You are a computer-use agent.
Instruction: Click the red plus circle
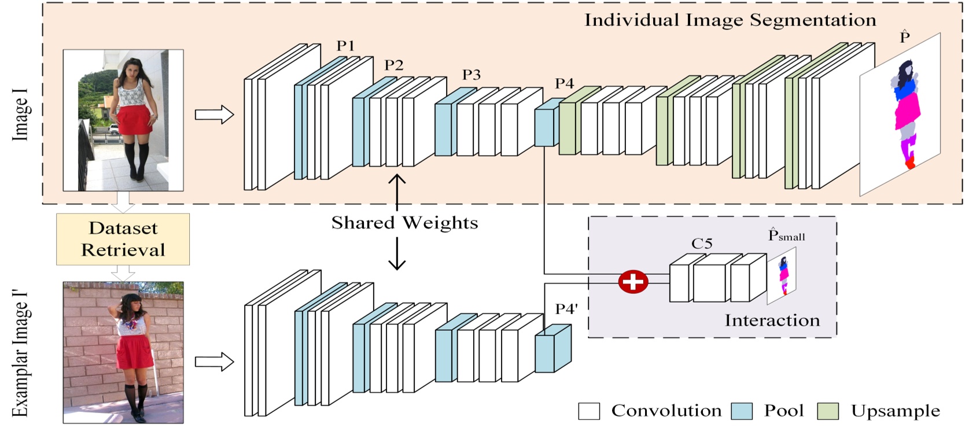pos(633,282)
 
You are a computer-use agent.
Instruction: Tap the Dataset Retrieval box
pos(123,239)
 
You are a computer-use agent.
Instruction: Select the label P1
pos(345,46)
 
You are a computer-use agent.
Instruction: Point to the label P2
pos(393,65)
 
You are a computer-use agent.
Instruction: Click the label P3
pos(471,75)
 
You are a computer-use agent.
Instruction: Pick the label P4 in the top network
pos(564,83)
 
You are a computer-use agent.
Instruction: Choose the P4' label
pos(566,309)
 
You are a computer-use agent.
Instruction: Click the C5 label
pos(701,244)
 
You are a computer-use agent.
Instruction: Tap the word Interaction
pos(772,320)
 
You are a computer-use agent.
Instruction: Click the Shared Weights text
pos(404,223)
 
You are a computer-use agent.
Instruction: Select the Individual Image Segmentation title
pos(730,20)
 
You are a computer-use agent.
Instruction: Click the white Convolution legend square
pos(589,411)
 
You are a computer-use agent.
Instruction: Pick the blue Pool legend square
pos(741,411)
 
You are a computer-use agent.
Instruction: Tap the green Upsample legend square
pos(827,411)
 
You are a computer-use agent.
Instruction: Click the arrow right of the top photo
pos(214,115)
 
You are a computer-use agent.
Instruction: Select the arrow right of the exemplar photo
pos(214,362)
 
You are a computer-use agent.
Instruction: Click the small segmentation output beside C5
pos(783,276)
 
